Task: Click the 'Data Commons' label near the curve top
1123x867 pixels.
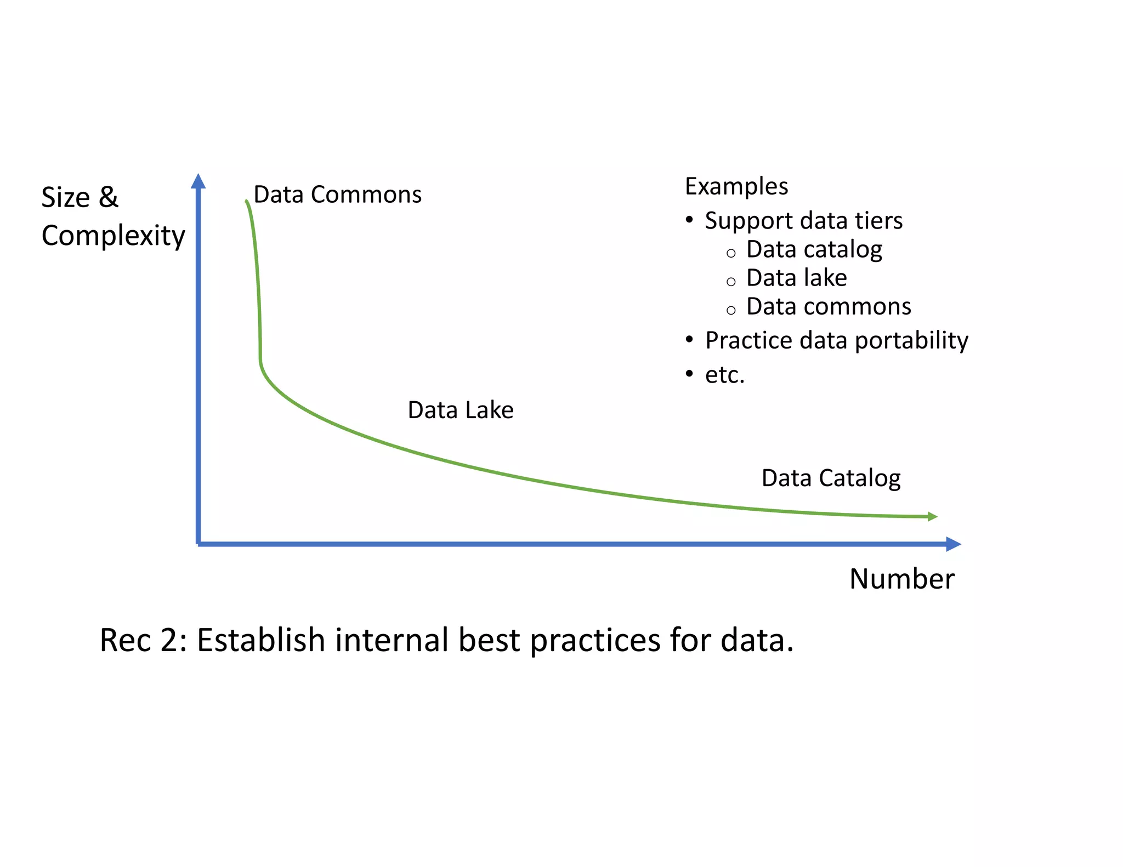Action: (337, 195)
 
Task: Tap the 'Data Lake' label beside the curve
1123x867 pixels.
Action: (461, 410)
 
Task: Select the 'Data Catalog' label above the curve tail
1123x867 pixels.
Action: (831, 478)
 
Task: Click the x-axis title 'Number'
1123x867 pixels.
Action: (902, 579)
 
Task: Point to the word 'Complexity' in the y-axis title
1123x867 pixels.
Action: (113, 236)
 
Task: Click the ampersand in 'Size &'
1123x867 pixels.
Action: (109, 197)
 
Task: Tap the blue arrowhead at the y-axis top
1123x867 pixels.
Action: (198, 181)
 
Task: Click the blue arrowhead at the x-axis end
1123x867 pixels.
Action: (954, 544)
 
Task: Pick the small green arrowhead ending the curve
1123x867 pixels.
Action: (932, 516)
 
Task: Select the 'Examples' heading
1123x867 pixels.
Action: (736, 186)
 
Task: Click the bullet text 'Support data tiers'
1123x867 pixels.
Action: (803, 221)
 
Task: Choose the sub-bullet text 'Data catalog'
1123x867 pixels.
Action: (814, 249)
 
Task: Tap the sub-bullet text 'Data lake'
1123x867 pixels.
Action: (796, 278)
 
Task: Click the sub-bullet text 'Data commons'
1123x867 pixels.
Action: (829, 306)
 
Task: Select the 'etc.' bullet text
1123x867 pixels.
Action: (724, 375)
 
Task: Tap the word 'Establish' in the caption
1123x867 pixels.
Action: (261, 640)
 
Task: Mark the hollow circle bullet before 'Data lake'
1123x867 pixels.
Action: (730, 282)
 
